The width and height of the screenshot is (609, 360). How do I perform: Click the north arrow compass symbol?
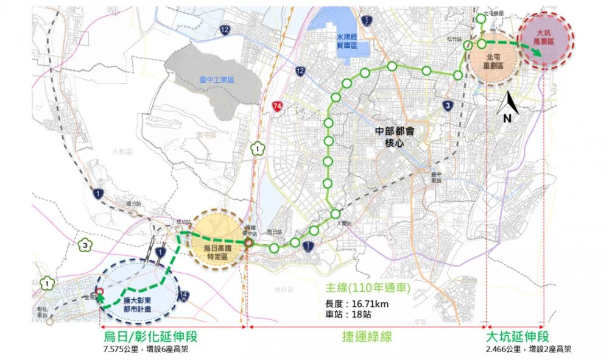coord(507,108)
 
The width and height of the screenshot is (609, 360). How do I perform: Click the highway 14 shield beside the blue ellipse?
coord(183,295)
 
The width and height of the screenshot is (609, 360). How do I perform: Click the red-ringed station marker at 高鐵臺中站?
coord(249,242)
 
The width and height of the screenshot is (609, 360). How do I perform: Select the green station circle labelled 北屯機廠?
coord(481,19)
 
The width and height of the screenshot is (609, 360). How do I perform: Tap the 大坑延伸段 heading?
coord(518,337)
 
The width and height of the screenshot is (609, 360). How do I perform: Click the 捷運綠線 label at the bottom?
coord(366,337)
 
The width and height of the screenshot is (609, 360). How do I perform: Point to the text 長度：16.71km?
coord(357,303)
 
